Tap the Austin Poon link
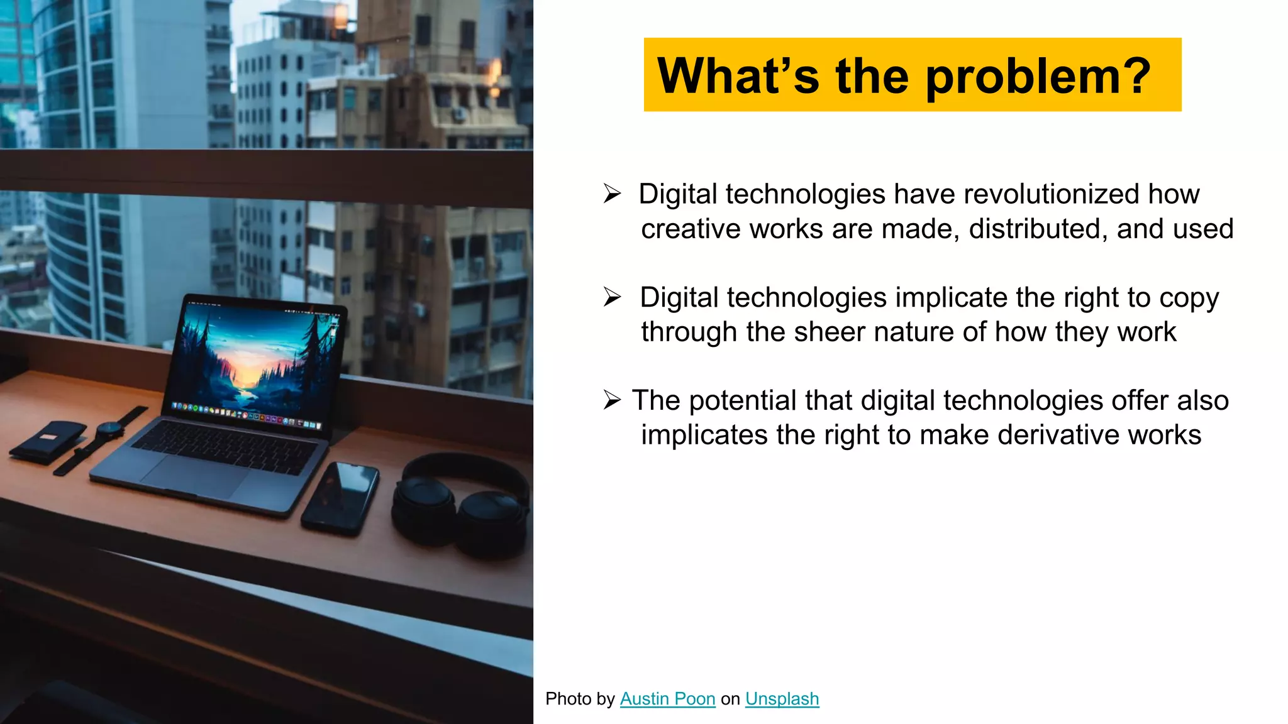667,699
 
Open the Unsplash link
782,699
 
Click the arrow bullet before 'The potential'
612,400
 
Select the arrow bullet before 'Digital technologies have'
612,194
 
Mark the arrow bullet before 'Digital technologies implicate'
612,297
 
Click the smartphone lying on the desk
340,498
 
